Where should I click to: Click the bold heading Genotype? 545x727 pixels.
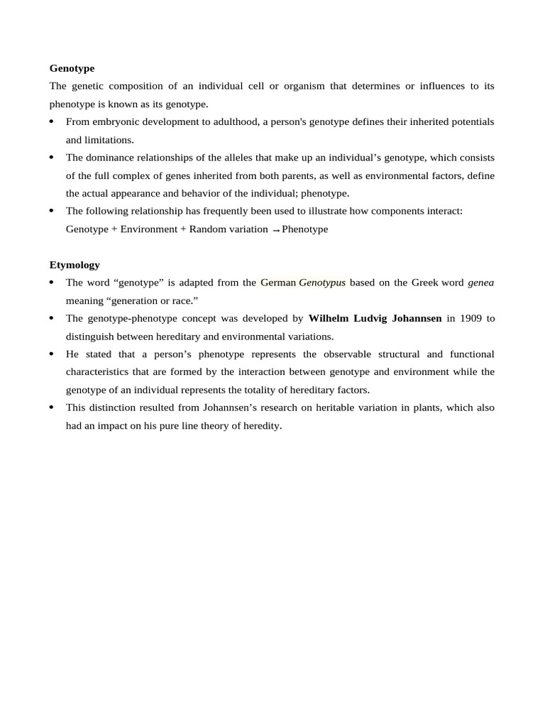72,68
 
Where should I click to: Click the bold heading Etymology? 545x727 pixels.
75,265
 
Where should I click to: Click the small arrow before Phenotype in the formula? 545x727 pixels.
275,231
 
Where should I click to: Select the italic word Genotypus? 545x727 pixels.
322,283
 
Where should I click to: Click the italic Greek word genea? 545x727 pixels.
480,283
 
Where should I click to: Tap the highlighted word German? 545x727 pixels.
278,283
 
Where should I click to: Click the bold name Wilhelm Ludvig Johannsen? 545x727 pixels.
375,319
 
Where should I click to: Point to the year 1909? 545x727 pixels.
470,319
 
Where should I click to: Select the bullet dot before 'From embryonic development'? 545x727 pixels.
52,122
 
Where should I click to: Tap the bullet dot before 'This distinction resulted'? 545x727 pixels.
52,408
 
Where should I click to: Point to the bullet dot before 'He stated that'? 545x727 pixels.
52,354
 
